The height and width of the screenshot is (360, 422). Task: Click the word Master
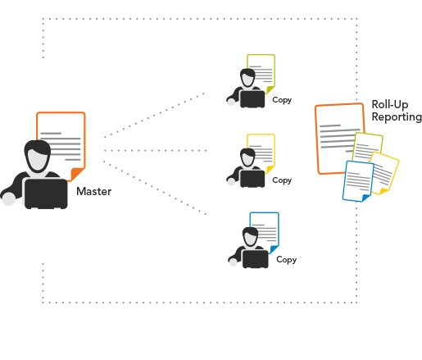coord(94,191)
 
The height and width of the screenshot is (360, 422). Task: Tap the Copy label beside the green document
coord(282,100)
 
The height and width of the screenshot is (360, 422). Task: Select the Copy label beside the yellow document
coord(282,180)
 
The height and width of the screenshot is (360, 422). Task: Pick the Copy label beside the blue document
coord(286,259)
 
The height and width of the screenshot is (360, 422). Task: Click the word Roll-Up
coord(390,104)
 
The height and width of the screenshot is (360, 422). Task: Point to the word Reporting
coord(397,117)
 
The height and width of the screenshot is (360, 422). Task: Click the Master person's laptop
coord(46,194)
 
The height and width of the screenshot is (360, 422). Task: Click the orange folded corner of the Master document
coord(77,174)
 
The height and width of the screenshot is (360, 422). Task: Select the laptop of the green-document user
coord(252,99)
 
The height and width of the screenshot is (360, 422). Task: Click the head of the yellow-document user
coord(247,157)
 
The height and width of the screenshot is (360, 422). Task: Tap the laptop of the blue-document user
coord(256,259)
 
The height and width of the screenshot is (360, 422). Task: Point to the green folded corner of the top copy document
coord(270,89)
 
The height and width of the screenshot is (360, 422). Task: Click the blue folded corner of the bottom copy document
coord(274,249)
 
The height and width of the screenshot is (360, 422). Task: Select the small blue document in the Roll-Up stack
coord(358,181)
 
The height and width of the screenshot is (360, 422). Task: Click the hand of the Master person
coord(9,198)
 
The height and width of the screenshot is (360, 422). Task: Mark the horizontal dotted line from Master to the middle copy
coord(156,151)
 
